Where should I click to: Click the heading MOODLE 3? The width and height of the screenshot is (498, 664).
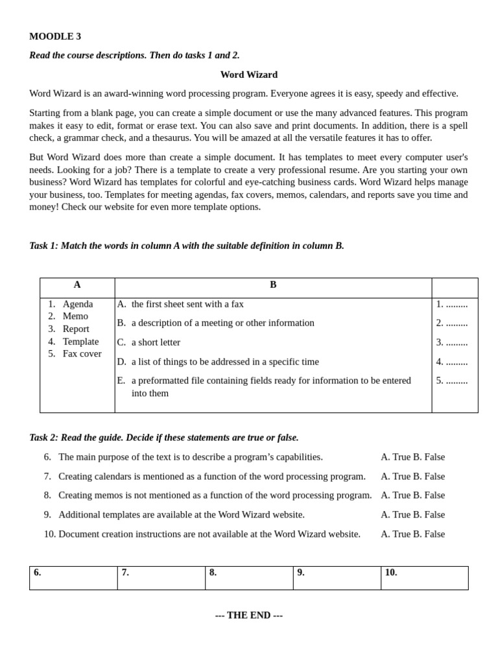pos(55,36)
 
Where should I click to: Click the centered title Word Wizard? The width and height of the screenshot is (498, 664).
pos(248,75)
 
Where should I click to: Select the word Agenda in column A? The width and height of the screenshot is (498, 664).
pos(78,304)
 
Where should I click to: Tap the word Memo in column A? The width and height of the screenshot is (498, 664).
pos(75,316)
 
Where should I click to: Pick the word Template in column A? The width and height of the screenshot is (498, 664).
pos(80,342)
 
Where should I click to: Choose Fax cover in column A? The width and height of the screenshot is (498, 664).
pos(82,354)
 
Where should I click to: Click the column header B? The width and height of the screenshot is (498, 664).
pos(273,285)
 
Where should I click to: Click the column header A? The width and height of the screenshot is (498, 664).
pos(77,285)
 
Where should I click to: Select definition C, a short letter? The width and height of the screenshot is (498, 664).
pos(156,342)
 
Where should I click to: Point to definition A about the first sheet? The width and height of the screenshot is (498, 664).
pos(187,304)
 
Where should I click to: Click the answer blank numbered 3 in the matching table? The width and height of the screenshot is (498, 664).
pos(452,342)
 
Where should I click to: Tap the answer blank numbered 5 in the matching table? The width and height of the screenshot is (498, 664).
pos(452,381)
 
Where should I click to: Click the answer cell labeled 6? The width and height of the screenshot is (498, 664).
pos(73,578)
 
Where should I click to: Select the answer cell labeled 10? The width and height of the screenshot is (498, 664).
pos(424,578)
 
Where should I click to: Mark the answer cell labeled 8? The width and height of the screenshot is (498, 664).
pos(249,578)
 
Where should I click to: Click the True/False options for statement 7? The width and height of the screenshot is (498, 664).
pos(412,477)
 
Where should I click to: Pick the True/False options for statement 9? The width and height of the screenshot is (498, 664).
pos(412,515)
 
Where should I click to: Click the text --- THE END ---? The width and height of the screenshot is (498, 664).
pos(249,615)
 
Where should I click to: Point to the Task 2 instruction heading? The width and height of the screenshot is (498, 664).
pos(164,438)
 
